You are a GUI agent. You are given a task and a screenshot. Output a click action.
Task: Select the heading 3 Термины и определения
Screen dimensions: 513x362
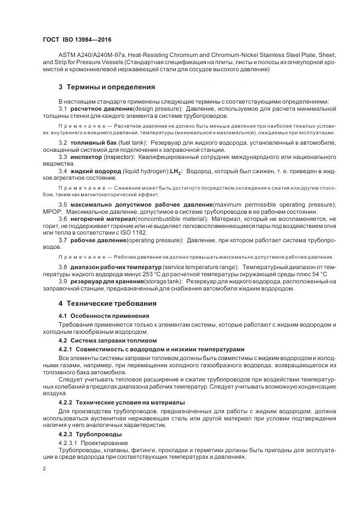pyautogui.click(x=107, y=87)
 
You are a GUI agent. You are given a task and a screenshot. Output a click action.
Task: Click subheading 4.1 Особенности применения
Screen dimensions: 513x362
pyautogui.click(x=96, y=316)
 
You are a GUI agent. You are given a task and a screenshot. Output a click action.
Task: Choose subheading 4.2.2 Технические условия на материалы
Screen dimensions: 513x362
pyautogui.click(x=122, y=402)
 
